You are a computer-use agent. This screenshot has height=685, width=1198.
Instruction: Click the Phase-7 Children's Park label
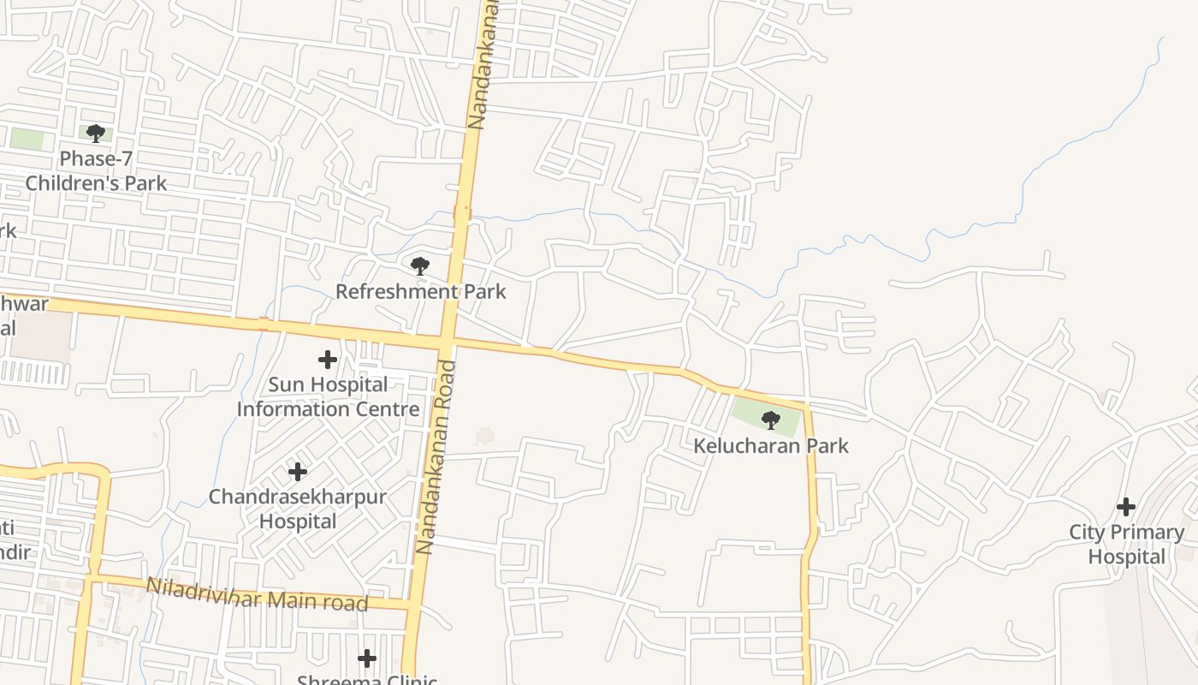pos(96,170)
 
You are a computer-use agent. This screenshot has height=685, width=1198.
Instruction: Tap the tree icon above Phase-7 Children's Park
pos(96,134)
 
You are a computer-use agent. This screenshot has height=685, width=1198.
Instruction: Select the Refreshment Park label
pos(420,291)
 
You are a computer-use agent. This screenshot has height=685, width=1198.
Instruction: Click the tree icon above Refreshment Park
pos(419,266)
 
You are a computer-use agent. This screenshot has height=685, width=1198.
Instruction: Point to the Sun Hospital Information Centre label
pos(328,396)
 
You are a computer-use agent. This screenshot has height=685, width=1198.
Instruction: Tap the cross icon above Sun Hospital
pos(328,360)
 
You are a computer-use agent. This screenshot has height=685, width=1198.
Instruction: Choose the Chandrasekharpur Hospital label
pos(298,509)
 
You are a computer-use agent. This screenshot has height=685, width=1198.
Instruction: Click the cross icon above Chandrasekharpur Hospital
pos(298,472)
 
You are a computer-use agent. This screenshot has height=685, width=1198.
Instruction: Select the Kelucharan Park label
pos(771,445)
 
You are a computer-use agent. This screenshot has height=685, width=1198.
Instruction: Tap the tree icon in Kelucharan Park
pos(771,420)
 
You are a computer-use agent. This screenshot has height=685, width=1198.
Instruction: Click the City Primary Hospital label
pos(1126,545)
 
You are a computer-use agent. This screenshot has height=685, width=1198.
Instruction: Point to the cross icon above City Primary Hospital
pos(1126,506)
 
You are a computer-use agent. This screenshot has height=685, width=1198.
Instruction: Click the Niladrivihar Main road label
pos(257,595)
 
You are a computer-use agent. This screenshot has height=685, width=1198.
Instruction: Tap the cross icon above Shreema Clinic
pos(367,658)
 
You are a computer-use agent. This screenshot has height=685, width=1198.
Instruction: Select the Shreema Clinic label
pos(367,679)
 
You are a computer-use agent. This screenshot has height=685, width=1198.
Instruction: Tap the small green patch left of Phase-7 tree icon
pos(27,139)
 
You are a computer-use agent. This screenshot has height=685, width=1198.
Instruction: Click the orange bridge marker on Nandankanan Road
pos(462,212)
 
